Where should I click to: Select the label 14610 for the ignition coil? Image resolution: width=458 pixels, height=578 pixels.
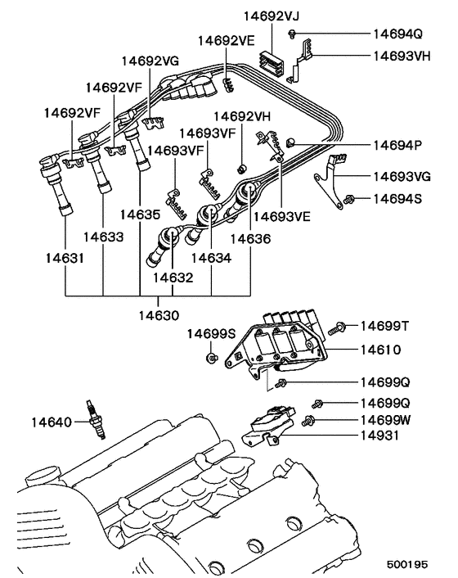click(x=379, y=349)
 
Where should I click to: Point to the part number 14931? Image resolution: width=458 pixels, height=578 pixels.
click(x=379, y=435)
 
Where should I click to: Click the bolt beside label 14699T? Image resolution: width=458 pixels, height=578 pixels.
click(x=337, y=329)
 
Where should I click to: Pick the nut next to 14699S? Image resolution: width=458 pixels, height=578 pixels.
click(x=210, y=358)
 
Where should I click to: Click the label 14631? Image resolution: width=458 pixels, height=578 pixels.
click(x=64, y=258)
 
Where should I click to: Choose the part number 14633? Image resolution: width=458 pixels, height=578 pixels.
click(x=104, y=237)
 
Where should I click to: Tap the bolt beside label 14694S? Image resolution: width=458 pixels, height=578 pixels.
click(x=351, y=198)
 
